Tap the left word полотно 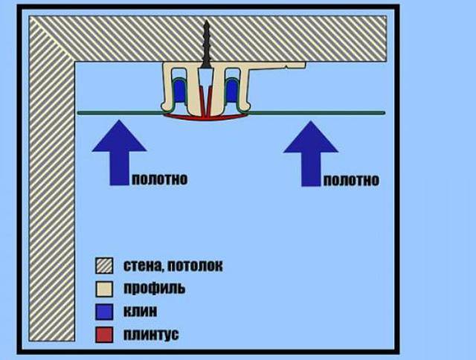[160, 179]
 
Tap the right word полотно [351, 180]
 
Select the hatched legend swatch [104, 266]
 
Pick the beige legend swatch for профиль [104, 289]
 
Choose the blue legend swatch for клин [104, 312]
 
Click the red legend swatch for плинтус [104, 335]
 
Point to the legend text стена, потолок [173, 266]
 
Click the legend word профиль [154, 289]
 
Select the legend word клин [141, 312]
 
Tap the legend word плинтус [151, 335]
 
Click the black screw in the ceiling [207, 45]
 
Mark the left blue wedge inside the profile [179, 90]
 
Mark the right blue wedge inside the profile [232, 90]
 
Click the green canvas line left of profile [119, 113]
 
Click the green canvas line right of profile [318, 113]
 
